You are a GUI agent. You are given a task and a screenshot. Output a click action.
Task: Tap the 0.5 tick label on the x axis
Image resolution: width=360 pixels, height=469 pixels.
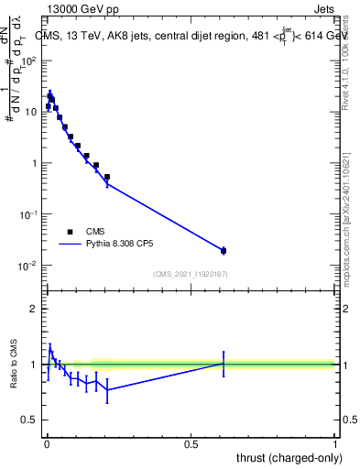click(x=191, y=444)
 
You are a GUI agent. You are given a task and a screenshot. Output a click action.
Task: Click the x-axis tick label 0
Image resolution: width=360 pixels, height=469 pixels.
click(x=47, y=444)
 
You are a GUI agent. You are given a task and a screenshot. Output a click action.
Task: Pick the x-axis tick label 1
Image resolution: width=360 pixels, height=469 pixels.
click(x=335, y=444)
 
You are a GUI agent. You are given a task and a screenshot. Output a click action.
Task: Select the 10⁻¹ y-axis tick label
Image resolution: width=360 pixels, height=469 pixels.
click(x=28, y=214)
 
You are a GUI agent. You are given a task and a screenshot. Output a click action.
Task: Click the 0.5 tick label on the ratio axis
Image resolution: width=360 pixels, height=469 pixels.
click(x=28, y=421)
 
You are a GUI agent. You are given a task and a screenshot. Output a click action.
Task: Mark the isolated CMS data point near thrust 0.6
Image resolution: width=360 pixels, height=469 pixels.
click(x=224, y=250)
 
